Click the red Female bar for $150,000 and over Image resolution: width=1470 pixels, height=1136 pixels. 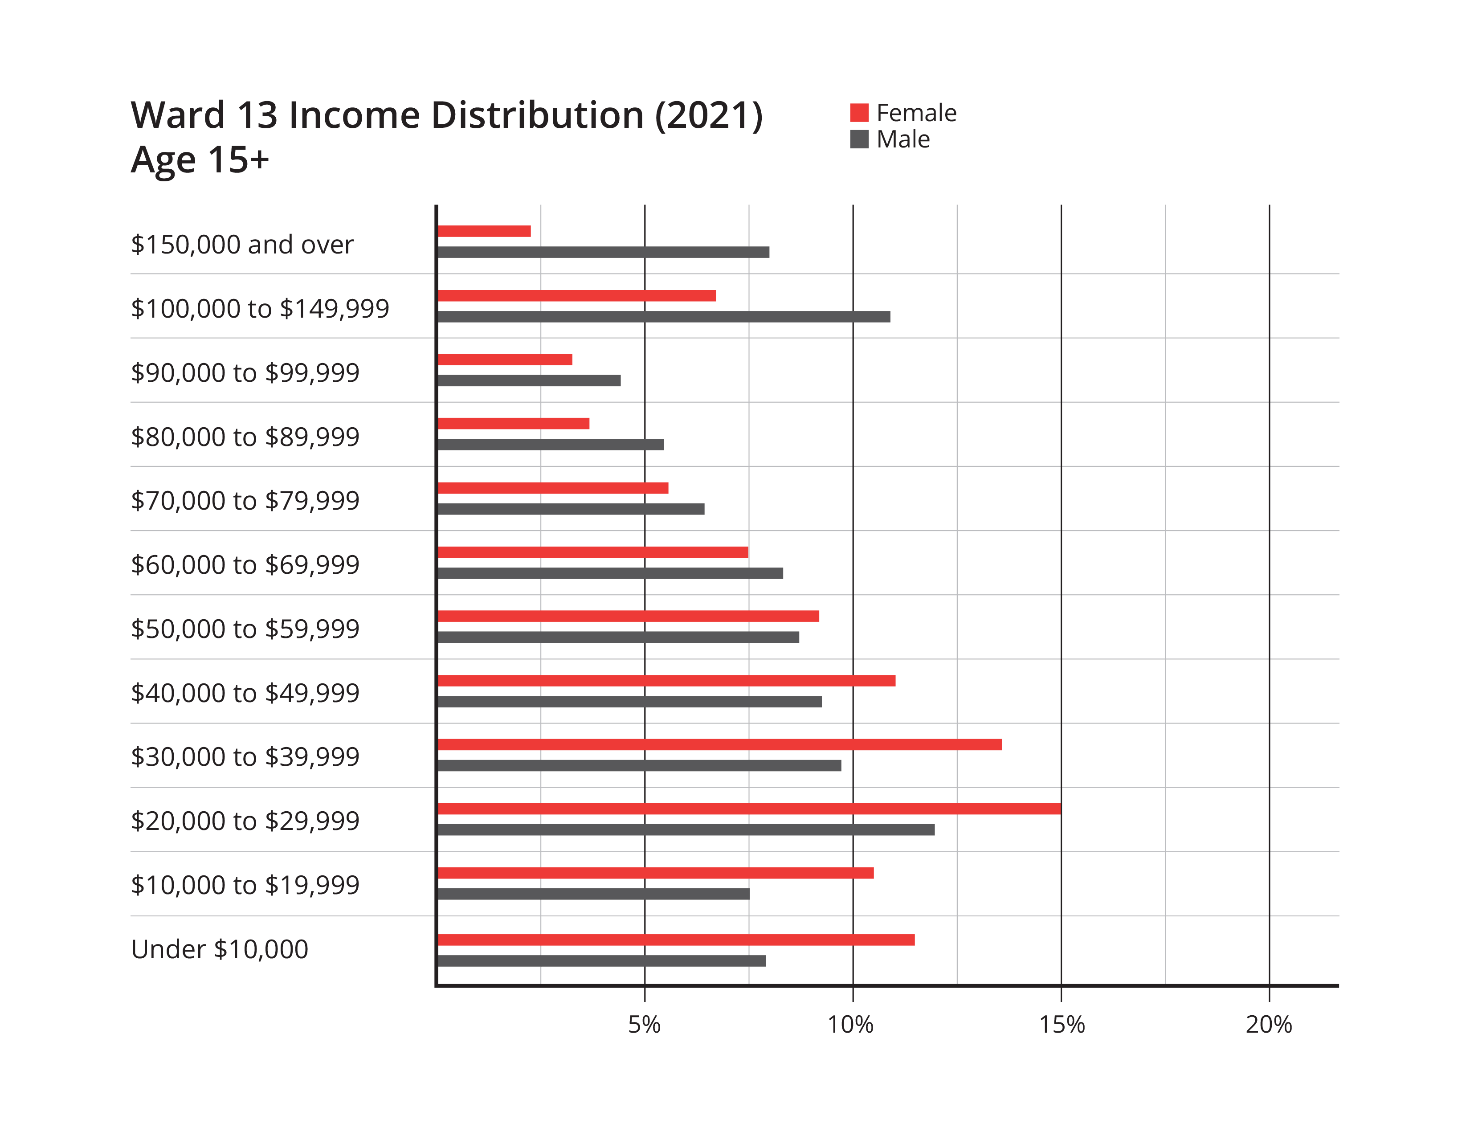click(x=485, y=232)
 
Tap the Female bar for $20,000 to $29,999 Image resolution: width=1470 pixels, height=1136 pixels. click(x=749, y=809)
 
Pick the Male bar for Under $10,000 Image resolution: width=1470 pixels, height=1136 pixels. click(x=602, y=961)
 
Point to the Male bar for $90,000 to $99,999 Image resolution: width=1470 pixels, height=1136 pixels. click(x=529, y=381)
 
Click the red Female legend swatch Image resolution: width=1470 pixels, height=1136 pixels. click(x=860, y=113)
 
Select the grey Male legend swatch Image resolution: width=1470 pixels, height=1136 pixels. click(x=860, y=139)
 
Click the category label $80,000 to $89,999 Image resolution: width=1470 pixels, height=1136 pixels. click(x=245, y=437)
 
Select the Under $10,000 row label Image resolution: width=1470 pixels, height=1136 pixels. click(x=220, y=949)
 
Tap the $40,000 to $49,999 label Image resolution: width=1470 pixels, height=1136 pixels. click(x=245, y=692)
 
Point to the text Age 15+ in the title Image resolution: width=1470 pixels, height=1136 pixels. click(x=200, y=160)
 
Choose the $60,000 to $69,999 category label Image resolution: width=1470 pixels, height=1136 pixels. click(x=245, y=564)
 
